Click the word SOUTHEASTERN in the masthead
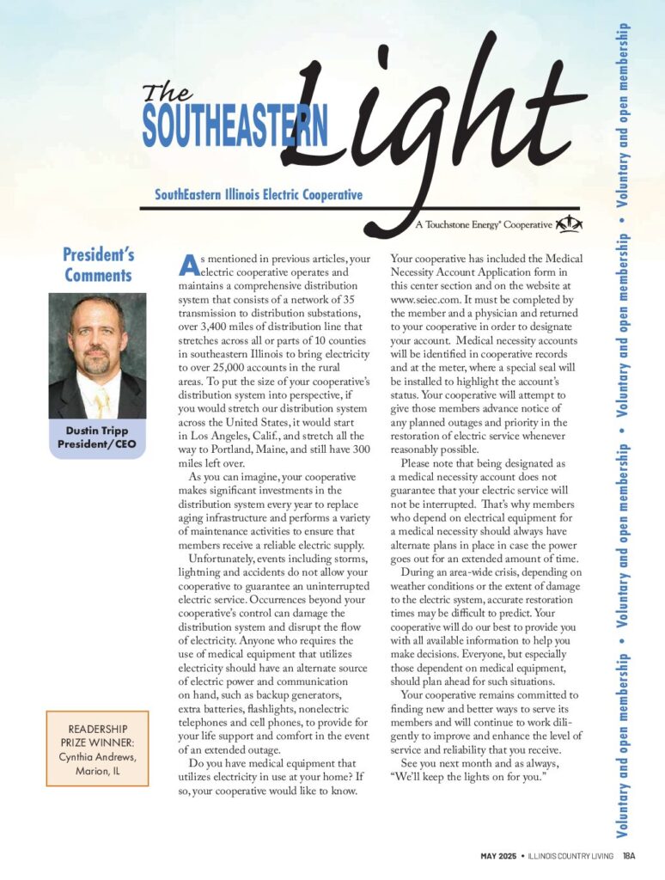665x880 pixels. (x=235, y=126)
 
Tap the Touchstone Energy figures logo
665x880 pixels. (x=570, y=224)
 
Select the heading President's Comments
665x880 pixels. (x=98, y=265)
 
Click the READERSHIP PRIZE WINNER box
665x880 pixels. (x=97, y=748)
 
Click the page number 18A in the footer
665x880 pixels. (x=629, y=856)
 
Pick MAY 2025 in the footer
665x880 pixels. (x=502, y=856)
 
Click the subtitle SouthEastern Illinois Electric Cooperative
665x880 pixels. (x=259, y=195)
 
